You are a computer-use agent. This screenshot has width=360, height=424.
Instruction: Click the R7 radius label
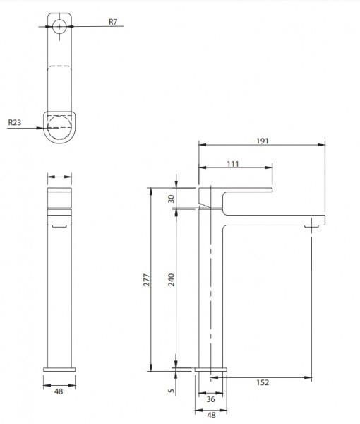(113, 22)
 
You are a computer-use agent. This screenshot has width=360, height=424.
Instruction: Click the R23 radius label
(15, 122)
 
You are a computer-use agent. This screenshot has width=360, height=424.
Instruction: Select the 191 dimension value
(263, 141)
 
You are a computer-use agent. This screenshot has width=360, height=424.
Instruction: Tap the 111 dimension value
(233, 164)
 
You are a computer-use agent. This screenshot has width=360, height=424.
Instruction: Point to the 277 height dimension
(146, 280)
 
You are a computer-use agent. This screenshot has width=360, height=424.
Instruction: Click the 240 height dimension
(172, 280)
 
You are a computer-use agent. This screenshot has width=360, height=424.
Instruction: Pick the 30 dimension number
(172, 199)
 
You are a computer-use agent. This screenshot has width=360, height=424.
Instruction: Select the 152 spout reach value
(263, 382)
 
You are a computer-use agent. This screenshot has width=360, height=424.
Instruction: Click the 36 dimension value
(210, 399)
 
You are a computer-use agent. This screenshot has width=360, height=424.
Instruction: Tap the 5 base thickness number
(172, 391)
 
